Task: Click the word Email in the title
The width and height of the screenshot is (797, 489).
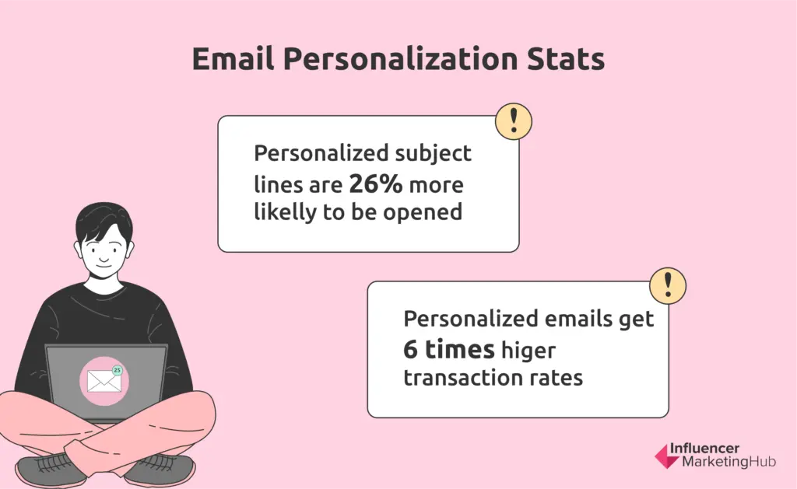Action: (233, 58)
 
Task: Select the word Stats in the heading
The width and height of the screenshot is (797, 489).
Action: (566, 58)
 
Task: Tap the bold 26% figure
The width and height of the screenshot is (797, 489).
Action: (376, 183)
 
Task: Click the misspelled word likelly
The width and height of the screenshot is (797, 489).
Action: (285, 212)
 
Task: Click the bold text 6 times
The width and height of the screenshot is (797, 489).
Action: (449, 349)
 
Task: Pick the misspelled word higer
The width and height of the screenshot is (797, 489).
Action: (528, 351)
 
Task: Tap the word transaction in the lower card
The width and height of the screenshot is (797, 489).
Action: (465, 378)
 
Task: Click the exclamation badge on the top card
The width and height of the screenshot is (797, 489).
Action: (514, 121)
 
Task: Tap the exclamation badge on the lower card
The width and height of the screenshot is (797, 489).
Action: (667, 286)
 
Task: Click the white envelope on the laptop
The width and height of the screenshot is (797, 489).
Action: (104, 382)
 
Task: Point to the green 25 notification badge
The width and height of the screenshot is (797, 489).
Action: (118, 370)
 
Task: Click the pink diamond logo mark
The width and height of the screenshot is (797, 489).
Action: (666, 456)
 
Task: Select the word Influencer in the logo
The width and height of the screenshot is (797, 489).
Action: (704, 449)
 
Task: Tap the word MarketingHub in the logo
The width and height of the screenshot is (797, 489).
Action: (729, 462)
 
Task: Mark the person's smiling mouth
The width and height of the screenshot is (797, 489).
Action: (104, 262)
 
